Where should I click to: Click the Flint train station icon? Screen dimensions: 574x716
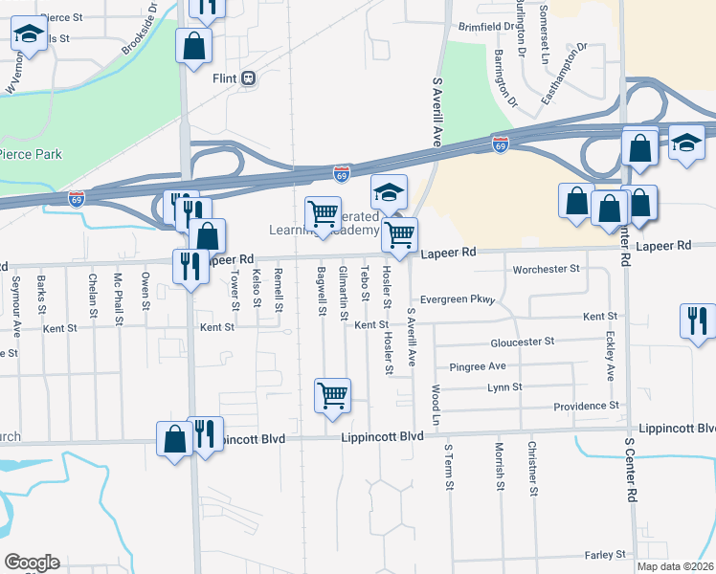(x=249, y=78)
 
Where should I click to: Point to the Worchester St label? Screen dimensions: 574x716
(x=547, y=270)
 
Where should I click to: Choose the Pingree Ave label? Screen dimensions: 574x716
(x=478, y=366)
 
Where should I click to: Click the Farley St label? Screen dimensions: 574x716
(x=605, y=554)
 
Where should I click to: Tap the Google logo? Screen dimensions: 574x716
(x=32, y=563)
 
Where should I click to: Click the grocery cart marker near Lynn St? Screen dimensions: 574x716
(x=332, y=393)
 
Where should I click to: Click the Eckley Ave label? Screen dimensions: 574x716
(x=610, y=355)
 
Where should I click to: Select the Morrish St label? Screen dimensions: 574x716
(x=499, y=466)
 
